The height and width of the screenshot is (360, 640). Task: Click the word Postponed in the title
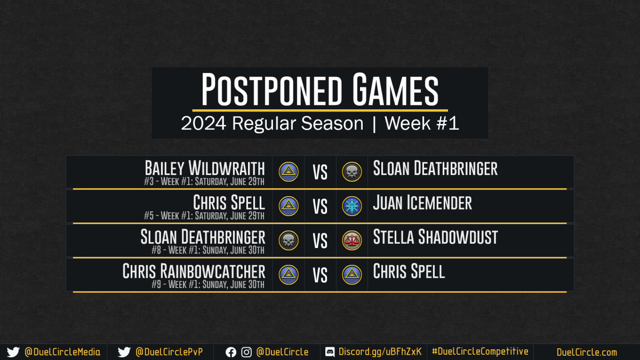click(x=272, y=89)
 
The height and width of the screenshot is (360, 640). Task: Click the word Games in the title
click(x=395, y=89)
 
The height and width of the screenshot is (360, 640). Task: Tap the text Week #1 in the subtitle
click(x=422, y=123)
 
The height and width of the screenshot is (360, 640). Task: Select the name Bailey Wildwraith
click(x=205, y=168)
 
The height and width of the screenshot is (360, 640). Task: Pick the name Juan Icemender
click(x=422, y=203)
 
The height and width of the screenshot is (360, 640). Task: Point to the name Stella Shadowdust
click(x=435, y=237)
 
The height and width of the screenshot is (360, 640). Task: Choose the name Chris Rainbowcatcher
click(x=194, y=271)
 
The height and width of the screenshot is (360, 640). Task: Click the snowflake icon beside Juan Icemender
click(x=351, y=206)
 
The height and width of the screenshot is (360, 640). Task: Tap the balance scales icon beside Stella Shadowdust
click(x=351, y=241)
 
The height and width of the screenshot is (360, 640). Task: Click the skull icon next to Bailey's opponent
click(x=351, y=172)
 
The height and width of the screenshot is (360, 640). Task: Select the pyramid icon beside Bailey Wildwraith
click(x=289, y=172)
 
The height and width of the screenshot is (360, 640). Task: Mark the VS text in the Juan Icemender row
click(x=320, y=206)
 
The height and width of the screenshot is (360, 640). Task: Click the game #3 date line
click(x=204, y=181)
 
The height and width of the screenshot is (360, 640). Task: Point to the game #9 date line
click(x=208, y=284)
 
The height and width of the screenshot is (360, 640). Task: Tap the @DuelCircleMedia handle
click(x=62, y=352)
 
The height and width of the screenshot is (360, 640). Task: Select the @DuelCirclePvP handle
click(x=169, y=352)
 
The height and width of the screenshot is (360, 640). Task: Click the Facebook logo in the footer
click(x=231, y=353)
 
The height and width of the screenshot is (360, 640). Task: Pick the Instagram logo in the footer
click(x=246, y=353)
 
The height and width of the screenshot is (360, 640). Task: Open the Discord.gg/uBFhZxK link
click(x=380, y=351)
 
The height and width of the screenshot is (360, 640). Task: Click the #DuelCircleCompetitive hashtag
click(x=480, y=351)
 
